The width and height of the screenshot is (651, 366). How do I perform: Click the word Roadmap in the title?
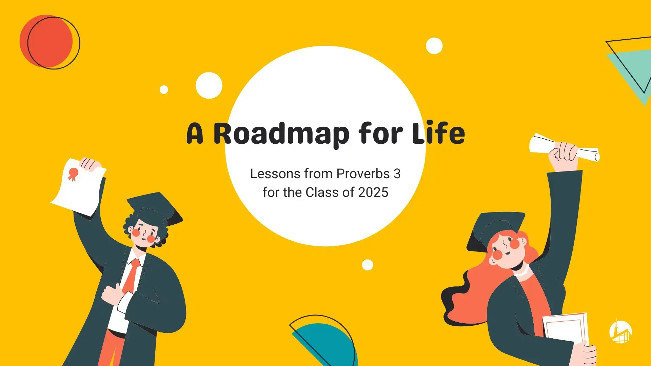pos(281,134)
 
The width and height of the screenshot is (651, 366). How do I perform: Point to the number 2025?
pos(373,192)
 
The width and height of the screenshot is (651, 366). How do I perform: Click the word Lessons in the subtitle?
pos(275,174)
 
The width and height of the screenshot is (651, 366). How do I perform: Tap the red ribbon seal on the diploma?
pos(73,174)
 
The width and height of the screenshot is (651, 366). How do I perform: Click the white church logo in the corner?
pos(620,331)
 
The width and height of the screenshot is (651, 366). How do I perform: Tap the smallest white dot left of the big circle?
pos(164,89)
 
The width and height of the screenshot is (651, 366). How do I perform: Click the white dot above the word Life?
pos(434,46)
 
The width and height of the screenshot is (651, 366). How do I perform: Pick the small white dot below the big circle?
pos(368,265)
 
